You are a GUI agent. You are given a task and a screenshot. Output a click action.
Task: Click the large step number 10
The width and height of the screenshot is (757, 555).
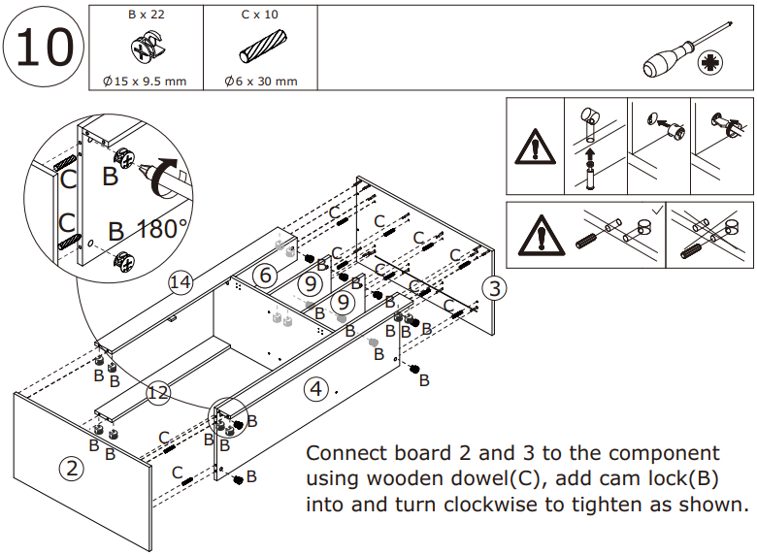pyautogui.click(x=44, y=47)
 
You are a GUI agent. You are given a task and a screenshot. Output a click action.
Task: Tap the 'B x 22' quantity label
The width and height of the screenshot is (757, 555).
pyautogui.click(x=145, y=16)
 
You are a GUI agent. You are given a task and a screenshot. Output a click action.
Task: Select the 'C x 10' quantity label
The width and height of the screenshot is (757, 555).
pyautogui.click(x=259, y=16)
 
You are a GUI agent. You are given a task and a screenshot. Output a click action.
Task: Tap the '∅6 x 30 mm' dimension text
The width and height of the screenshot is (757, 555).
pyautogui.click(x=259, y=81)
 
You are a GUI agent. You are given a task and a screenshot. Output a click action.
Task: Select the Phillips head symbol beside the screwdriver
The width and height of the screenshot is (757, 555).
pyautogui.click(x=711, y=65)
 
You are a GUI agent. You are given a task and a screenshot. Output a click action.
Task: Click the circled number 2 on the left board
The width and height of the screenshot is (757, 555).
pyautogui.click(x=71, y=469)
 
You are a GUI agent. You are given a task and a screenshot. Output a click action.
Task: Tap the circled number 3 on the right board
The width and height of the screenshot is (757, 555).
pyautogui.click(x=494, y=287)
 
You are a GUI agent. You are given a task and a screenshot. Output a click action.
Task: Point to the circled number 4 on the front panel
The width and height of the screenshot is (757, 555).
pyautogui.click(x=315, y=390)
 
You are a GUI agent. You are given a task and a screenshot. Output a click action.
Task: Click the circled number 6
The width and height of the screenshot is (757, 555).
pyautogui.click(x=264, y=275)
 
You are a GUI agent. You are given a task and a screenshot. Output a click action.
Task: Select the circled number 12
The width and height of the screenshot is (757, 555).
pyautogui.click(x=159, y=393)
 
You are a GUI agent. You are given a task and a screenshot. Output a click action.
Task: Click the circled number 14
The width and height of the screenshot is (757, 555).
pyautogui.click(x=180, y=282)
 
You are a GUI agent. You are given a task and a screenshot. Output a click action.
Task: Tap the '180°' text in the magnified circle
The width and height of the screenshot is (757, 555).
pyautogui.click(x=162, y=230)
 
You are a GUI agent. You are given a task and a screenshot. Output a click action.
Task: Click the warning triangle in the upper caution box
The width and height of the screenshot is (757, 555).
pyautogui.click(x=533, y=147)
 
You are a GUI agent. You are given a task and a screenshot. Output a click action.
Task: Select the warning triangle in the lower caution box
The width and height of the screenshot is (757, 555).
pyautogui.click(x=533, y=236)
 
